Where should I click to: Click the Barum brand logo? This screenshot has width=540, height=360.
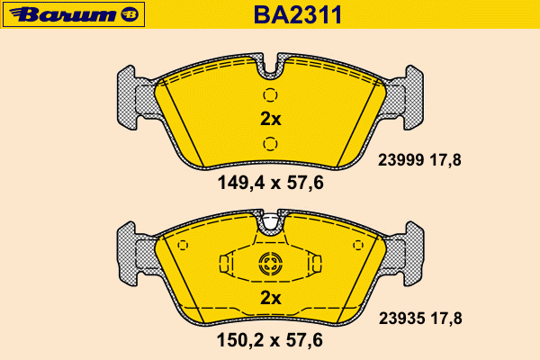(x=74, y=14)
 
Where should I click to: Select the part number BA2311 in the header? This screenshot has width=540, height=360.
(x=298, y=14)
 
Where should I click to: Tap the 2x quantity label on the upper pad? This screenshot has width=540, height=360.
(x=271, y=119)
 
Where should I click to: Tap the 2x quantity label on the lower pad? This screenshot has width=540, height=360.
(x=271, y=298)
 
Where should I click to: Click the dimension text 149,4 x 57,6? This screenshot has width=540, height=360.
(x=271, y=183)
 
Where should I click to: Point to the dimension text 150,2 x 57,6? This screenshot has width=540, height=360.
(x=270, y=340)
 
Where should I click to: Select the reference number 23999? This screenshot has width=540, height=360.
(x=400, y=160)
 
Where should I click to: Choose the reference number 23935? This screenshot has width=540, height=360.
(x=401, y=319)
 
